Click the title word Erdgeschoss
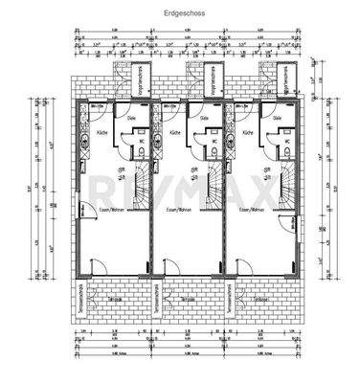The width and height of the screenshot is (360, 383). tap(179, 15)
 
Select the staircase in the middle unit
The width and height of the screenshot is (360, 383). tap(212, 178)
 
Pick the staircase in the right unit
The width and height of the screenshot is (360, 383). tap(284, 178)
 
